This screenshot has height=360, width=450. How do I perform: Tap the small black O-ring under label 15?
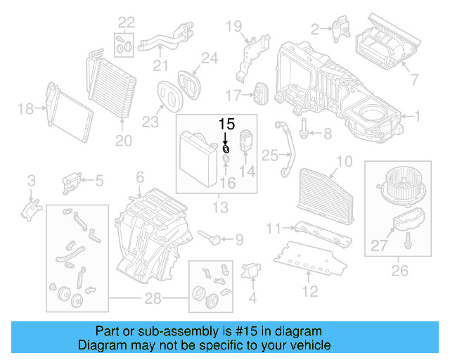pos(226,148)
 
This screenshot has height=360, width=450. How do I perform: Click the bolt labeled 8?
pos(307,131)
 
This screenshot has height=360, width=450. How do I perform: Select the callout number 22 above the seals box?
pos(124,22)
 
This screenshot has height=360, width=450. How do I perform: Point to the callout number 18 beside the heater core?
pos(25,108)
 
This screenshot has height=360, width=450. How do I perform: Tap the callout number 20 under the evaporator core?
pos(124,141)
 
